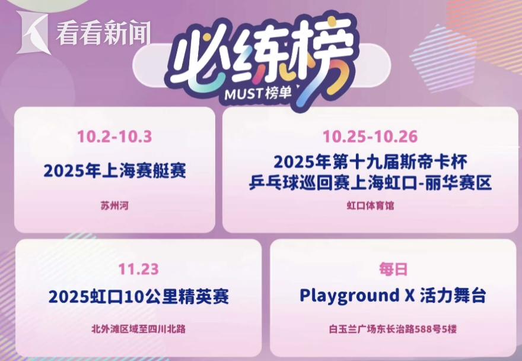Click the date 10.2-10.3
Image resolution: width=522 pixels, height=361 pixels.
pyautogui.click(x=114, y=137)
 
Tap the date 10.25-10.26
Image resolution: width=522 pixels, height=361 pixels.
pyautogui.click(x=370, y=137)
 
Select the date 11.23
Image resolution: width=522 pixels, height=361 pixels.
pyautogui.click(x=138, y=270)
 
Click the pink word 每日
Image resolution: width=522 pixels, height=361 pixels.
pyautogui.click(x=393, y=270)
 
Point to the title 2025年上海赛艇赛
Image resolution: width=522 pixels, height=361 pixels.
pyautogui.click(x=115, y=170)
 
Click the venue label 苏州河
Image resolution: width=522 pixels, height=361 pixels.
pyautogui.click(x=114, y=205)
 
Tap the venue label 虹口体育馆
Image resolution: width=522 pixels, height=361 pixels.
pyautogui.click(x=370, y=205)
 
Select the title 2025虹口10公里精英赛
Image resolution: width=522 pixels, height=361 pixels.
pyautogui.click(x=139, y=297)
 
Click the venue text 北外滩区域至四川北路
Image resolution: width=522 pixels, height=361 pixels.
pyautogui.click(x=138, y=329)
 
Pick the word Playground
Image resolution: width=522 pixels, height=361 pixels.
pyautogui.click(x=349, y=296)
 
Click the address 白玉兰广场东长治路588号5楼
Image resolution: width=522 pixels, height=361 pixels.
pyautogui.click(x=393, y=329)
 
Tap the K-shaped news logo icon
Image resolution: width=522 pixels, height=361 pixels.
pyautogui.click(x=33, y=32)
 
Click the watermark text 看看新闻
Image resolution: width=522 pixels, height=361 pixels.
pyautogui.click(x=103, y=33)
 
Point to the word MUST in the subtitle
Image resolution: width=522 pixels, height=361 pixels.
pyautogui.click(x=244, y=94)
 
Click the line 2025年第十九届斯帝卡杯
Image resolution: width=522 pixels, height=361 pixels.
pyautogui.click(x=370, y=162)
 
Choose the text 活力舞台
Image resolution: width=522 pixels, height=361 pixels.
pyautogui.click(x=453, y=296)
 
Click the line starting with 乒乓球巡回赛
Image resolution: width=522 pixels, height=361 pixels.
pyautogui.click(x=370, y=183)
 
